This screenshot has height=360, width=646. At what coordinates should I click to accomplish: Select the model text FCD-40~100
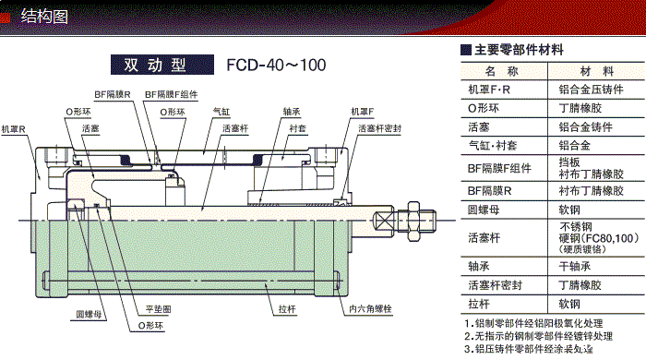[x=276, y=66]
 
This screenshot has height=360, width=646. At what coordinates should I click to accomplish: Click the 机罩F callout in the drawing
[x=362, y=111]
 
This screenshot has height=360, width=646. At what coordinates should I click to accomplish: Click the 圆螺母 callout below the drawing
[x=90, y=315]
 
